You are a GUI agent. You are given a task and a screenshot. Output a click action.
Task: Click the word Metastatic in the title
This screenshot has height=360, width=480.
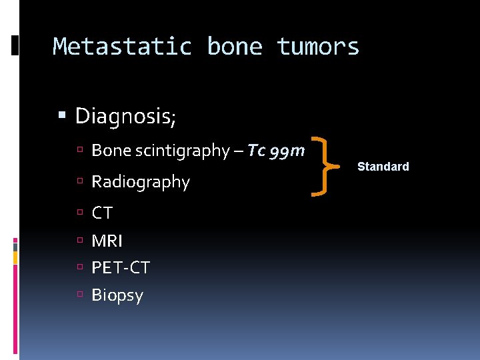click(123, 47)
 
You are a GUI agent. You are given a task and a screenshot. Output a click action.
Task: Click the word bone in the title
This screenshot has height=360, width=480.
click(235, 47)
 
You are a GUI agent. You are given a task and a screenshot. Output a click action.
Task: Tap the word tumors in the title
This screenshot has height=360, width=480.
click(319, 47)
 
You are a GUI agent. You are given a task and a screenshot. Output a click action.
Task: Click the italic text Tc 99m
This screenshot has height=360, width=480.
click(276, 151)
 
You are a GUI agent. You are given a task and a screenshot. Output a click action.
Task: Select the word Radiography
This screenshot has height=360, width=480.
click(141, 181)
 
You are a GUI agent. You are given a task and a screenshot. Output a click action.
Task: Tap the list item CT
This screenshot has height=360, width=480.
click(102, 213)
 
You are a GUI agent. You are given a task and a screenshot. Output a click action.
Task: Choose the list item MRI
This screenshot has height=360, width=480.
click(107, 241)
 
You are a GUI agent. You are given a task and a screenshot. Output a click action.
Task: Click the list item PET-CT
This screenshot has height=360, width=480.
click(121, 268)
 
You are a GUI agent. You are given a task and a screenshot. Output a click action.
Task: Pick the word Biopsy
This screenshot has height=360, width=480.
click(117, 295)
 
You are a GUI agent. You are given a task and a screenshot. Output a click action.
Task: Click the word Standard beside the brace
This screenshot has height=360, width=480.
click(383, 167)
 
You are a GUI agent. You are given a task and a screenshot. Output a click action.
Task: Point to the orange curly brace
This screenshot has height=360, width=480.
click(325, 167)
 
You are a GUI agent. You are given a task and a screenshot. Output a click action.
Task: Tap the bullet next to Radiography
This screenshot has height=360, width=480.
click(79, 181)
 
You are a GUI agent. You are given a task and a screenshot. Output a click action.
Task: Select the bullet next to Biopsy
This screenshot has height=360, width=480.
click(79, 295)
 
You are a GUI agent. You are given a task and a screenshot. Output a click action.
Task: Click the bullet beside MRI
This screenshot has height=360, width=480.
click(79, 240)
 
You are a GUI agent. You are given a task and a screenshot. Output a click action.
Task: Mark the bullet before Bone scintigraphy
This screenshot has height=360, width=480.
click(79, 151)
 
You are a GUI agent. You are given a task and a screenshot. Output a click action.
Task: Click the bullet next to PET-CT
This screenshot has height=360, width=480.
click(79, 267)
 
